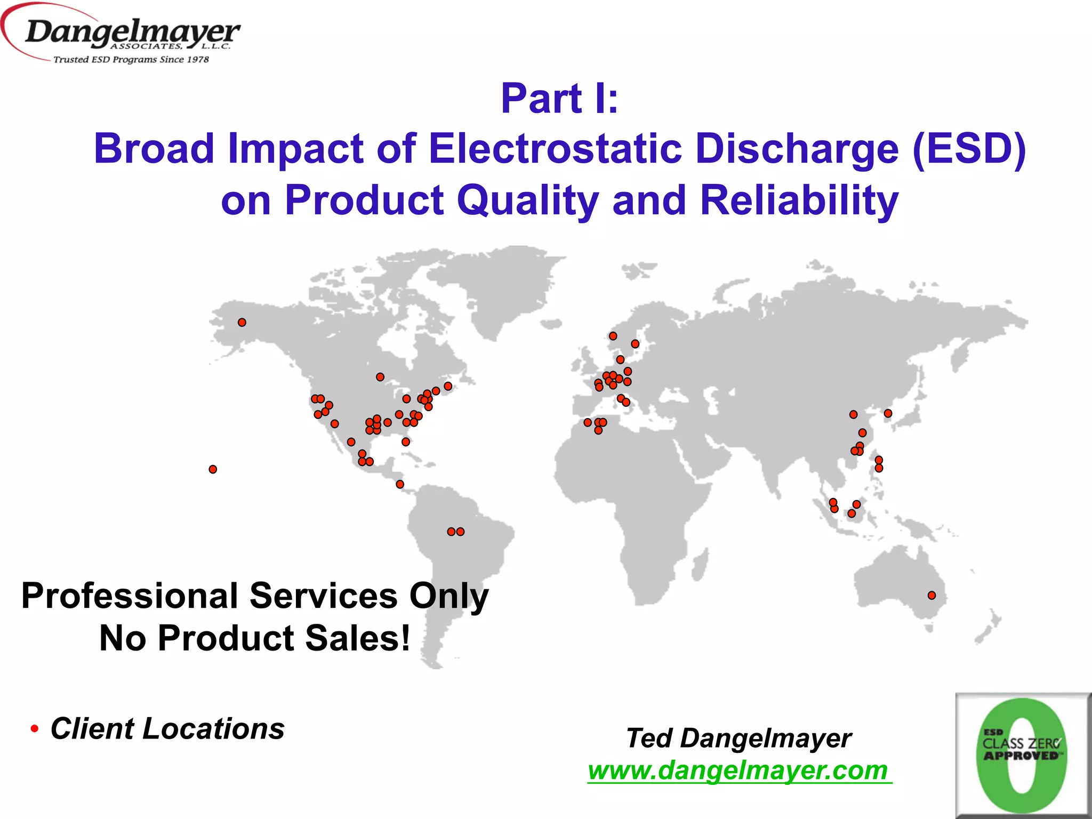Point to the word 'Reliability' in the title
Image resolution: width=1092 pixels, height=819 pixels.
click(x=799, y=200)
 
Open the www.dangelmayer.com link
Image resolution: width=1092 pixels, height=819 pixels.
click(x=738, y=770)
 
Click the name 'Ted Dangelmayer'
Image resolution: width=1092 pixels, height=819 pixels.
click(x=738, y=738)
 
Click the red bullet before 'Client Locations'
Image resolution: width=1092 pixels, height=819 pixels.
click(x=35, y=729)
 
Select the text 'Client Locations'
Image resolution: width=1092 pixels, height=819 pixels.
click(x=167, y=728)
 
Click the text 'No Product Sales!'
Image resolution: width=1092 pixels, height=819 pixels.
click(x=255, y=638)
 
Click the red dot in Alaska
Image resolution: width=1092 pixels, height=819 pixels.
click(x=242, y=323)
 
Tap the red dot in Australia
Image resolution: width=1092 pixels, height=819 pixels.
click(x=932, y=596)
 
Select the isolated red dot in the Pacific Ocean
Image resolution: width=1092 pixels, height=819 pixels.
click(x=213, y=469)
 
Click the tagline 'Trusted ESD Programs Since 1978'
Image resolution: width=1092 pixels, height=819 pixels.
click(x=131, y=60)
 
